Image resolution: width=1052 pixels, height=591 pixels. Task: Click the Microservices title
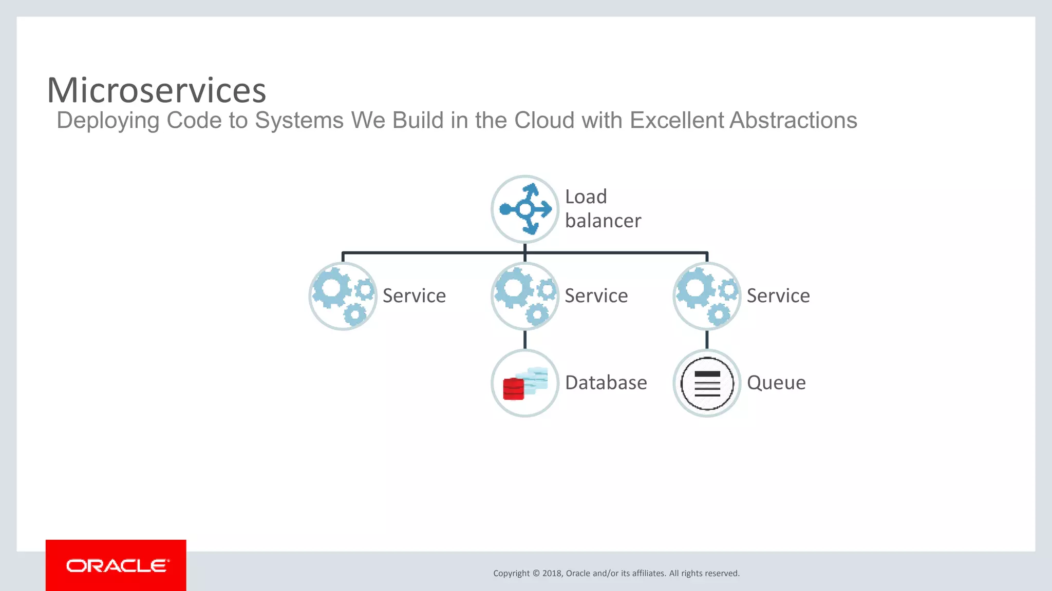[156, 90]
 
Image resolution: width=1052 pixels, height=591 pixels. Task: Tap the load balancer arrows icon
[525, 209]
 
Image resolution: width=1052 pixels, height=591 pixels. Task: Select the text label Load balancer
[603, 209]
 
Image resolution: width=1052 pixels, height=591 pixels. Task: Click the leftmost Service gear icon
[343, 297]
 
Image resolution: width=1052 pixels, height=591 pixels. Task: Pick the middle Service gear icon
[525, 297]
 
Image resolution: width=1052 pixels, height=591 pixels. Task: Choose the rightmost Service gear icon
[707, 297]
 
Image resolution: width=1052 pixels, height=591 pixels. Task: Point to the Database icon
[525, 383]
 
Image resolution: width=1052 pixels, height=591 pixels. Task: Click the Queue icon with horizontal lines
[707, 383]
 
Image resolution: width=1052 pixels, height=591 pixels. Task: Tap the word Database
[606, 383]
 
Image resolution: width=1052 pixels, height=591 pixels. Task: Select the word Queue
[776, 383]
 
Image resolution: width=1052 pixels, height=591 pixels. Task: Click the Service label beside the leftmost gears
[414, 296]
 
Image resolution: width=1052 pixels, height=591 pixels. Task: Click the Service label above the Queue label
[778, 296]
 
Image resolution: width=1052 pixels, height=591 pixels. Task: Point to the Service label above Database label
[596, 296]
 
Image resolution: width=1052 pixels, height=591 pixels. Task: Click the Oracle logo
[116, 565]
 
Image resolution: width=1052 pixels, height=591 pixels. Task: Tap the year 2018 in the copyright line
[552, 574]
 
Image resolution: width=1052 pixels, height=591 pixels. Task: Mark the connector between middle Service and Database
[525, 340]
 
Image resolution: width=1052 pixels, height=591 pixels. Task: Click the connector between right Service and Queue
[707, 340]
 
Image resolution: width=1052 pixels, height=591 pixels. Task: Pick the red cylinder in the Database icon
[513, 389]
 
